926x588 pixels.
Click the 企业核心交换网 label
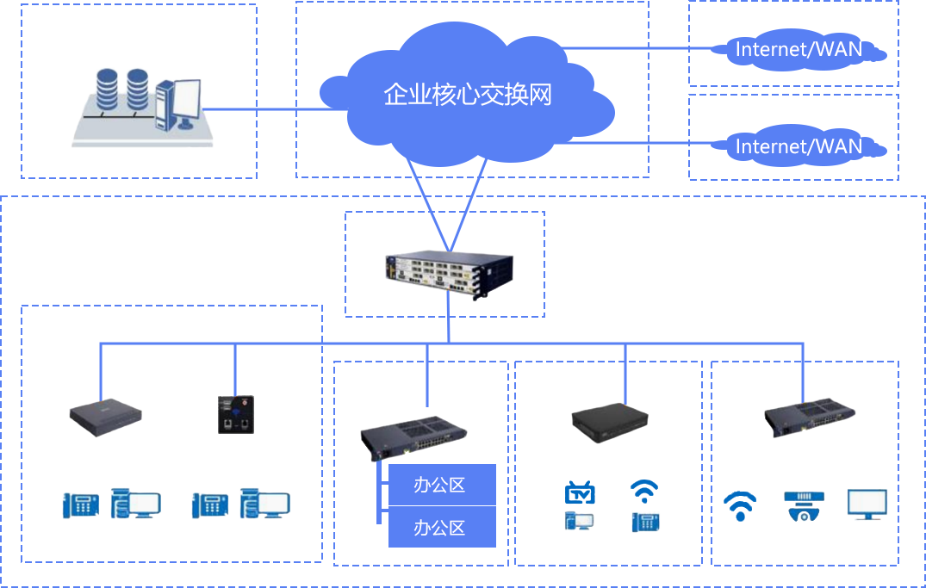468,95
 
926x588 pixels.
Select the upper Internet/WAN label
799,49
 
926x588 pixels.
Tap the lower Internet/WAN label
799,146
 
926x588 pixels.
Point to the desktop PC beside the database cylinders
179,104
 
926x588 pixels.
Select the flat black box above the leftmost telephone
106,418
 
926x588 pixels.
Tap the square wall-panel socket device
236,414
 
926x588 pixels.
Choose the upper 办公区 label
439,486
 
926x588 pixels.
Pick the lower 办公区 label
439,528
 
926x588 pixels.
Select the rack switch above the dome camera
809,418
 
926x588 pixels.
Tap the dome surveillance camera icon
805,505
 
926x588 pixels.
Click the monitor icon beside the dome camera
867,504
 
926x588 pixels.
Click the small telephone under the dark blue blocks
645,522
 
